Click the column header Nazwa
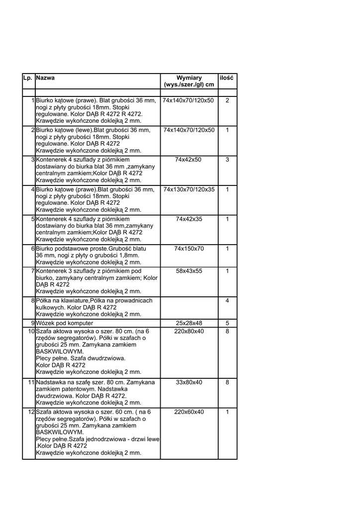click(45, 78)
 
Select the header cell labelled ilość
click(227, 78)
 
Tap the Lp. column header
click(28, 78)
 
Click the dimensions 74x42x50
click(189, 160)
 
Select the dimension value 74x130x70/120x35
click(189, 189)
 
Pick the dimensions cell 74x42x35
click(189, 219)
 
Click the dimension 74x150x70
click(189, 249)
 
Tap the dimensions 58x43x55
click(189, 271)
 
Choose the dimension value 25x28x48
click(189, 323)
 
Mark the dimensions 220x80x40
click(189, 331)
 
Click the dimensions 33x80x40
click(189, 382)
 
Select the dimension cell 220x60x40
click(189, 412)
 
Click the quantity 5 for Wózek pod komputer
click(227, 323)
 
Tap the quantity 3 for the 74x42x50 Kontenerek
click(227, 160)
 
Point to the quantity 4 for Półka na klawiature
click(227, 301)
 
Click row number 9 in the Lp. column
click(32, 323)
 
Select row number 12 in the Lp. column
click(31, 412)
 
